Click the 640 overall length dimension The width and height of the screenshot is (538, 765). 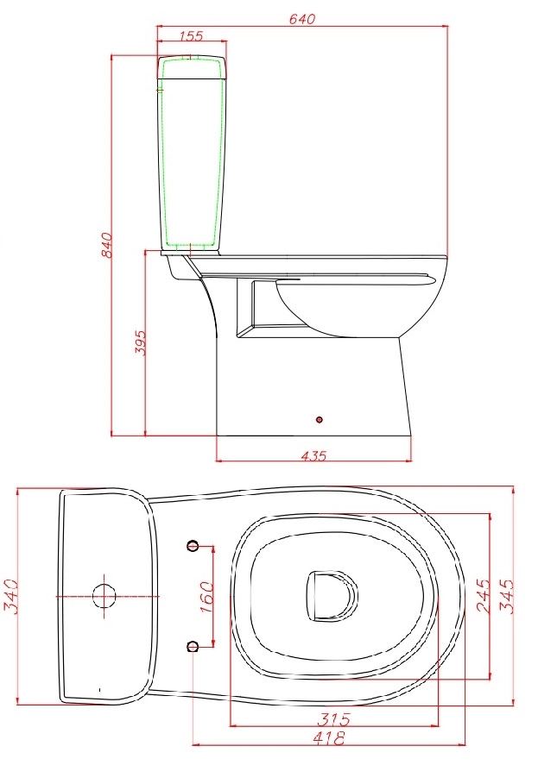[x=302, y=17]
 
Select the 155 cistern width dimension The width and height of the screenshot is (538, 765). [x=191, y=35]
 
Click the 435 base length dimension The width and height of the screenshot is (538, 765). [x=313, y=456]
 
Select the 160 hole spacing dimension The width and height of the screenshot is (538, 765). [x=206, y=597]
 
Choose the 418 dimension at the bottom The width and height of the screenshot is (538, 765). [x=328, y=738]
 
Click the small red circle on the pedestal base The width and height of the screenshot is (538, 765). [x=320, y=420]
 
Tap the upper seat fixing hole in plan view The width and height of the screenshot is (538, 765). [x=193, y=545]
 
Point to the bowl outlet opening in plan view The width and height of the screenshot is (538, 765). [x=332, y=596]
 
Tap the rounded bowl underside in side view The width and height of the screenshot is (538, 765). [x=345, y=310]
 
